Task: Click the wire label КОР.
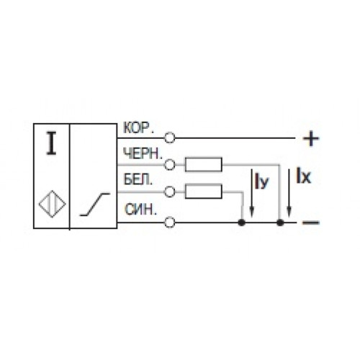click(138, 128)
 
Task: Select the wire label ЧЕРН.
click(143, 153)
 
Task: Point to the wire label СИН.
click(140, 210)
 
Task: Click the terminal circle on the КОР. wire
click(170, 138)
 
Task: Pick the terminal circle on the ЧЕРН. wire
click(170, 165)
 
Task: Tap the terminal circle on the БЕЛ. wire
click(170, 192)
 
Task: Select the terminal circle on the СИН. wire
click(170, 222)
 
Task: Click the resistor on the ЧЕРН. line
click(204, 164)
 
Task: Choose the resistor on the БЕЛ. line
click(204, 192)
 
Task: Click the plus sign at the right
click(311, 138)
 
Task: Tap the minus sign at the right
click(311, 222)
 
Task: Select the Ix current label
click(303, 176)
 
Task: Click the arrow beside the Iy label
click(251, 193)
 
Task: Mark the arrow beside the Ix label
click(289, 193)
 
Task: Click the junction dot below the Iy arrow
click(242, 222)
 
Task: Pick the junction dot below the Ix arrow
click(280, 222)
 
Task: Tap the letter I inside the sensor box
click(51, 143)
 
